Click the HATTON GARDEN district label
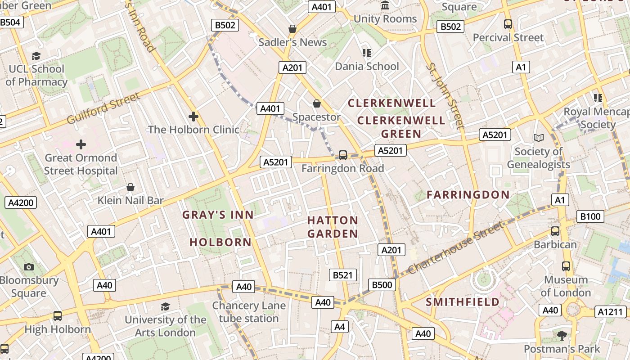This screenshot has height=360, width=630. click(x=333, y=227)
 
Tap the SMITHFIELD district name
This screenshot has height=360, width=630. click(x=463, y=301)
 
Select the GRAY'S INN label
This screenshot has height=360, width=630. click(x=218, y=215)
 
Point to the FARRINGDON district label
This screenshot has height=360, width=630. click(x=468, y=194)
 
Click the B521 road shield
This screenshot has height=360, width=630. click(x=342, y=275)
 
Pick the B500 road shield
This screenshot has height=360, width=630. click(x=382, y=284)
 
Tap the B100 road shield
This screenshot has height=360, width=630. click(x=590, y=216)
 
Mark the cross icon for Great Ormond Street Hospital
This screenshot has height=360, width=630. click(x=81, y=144)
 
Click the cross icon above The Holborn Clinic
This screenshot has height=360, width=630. click(x=193, y=117)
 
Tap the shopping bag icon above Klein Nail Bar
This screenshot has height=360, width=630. click(x=130, y=187)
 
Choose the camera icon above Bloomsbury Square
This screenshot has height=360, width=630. click(x=29, y=267)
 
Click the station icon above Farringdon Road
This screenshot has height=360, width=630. click(x=343, y=155)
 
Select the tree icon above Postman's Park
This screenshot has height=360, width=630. click(x=562, y=335)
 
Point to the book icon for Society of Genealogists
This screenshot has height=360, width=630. click(x=538, y=138)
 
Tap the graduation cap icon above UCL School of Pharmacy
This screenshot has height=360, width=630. click(x=36, y=56)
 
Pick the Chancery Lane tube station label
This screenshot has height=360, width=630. click(x=249, y=312)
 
